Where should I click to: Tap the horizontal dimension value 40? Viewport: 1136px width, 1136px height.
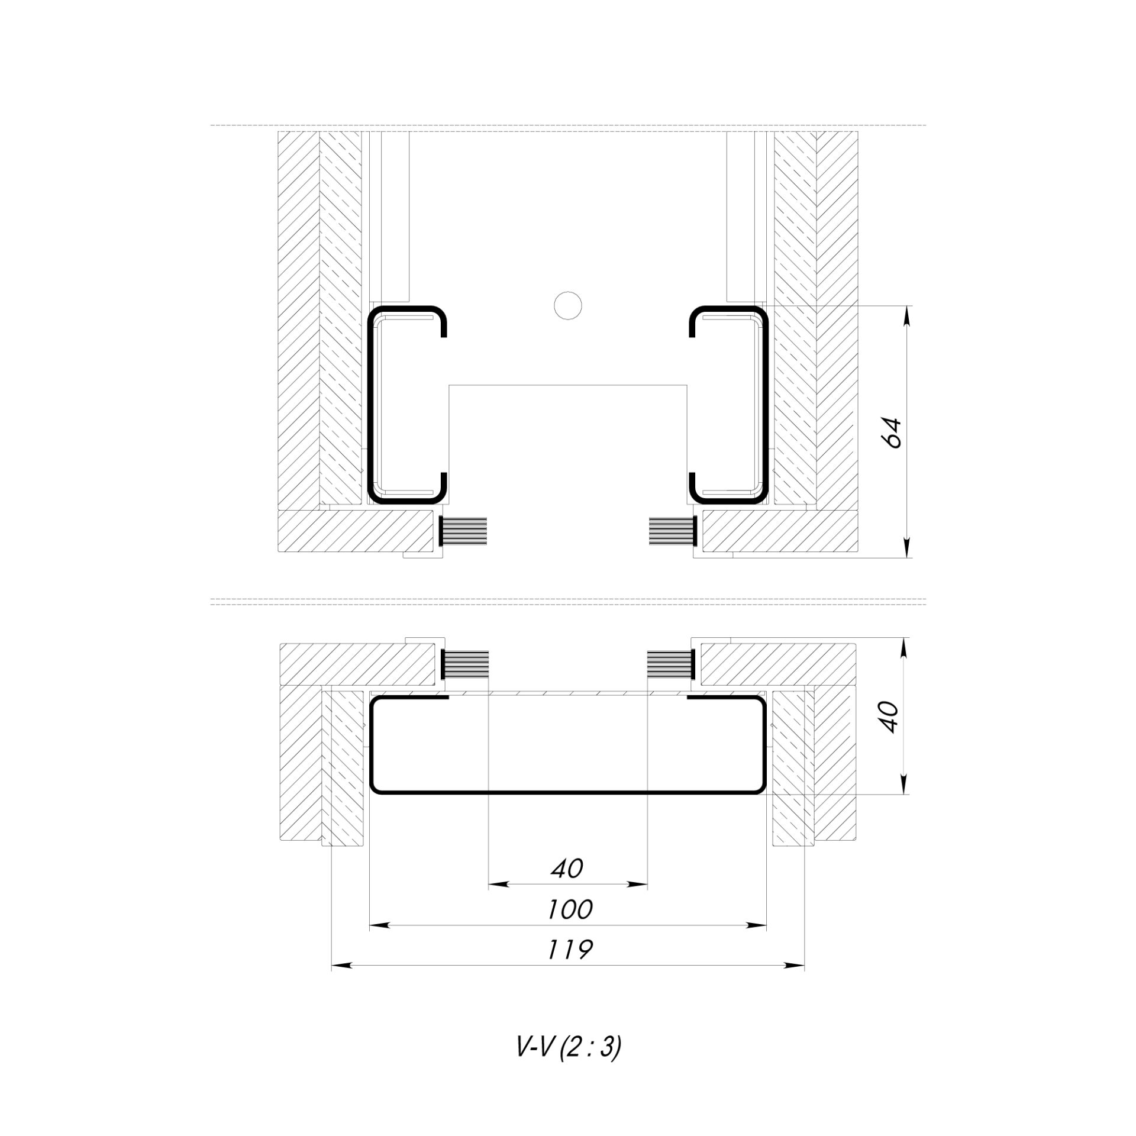pyautogui.click(x=567, y=868)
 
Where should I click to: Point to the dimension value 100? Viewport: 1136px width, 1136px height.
pyautogui.click(x=569, y=909)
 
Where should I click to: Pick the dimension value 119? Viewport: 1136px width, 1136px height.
pyautogui.click(x=569, y=950)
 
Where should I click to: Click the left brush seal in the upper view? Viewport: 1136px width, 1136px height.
pyautogui.click(x=463, y=531)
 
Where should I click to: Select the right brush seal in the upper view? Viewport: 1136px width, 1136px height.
pyautogui.click(x=673, y=531)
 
